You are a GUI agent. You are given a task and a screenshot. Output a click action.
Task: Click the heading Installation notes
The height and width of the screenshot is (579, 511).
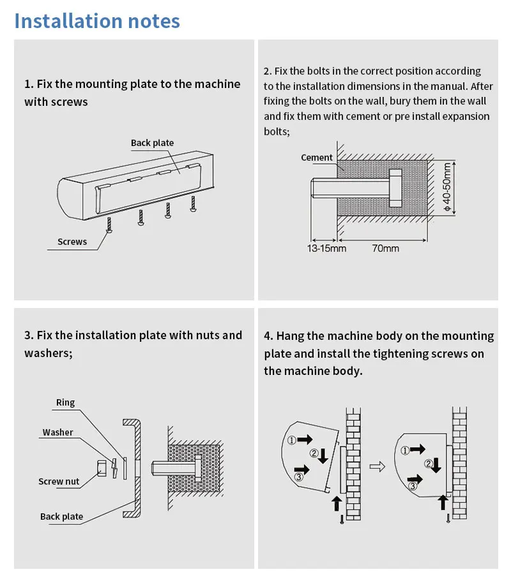coord(97,20)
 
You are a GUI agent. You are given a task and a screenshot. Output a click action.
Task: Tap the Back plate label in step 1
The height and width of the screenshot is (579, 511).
coord(152,143)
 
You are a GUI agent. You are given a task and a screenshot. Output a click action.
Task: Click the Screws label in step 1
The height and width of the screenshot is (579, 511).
coord(72,242)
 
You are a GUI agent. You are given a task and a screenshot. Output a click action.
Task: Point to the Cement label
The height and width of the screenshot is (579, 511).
coord(317,158)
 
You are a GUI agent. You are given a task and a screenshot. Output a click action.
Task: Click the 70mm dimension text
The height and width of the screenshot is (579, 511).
coord(385,248)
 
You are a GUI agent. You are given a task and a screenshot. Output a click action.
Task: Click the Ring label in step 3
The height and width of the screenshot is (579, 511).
coord(65,402)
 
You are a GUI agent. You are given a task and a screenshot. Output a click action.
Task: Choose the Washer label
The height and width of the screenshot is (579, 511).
coord(58,432)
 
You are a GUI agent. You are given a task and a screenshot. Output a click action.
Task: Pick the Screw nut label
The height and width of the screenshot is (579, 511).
coord(59,481)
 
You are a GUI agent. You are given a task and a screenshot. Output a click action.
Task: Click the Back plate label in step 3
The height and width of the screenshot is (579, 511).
coord(61,517)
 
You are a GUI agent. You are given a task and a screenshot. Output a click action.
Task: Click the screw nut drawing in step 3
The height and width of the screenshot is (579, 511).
coord(101,468)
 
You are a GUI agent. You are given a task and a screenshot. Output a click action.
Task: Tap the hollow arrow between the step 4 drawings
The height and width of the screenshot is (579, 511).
coord(378,467)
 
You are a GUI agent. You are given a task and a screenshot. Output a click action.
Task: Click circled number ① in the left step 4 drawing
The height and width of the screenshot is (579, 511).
coord(291,439)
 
